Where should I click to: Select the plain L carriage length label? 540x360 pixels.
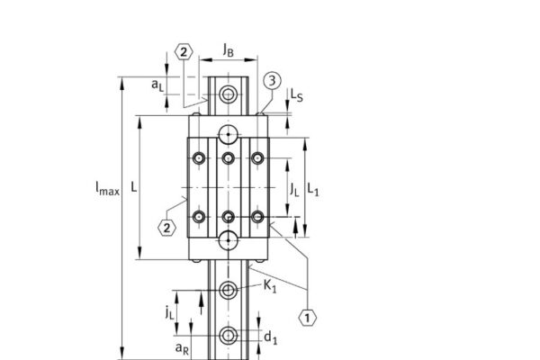click(133, 188)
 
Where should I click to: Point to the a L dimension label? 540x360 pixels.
click(157, 85)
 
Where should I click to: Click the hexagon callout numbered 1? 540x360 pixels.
click(308, 317)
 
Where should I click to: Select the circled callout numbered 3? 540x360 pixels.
click(271, 81)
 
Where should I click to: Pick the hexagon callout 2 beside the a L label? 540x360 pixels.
click(182, 52)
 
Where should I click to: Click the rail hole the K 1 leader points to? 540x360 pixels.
click(229, 289)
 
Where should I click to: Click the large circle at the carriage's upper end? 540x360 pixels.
click(229, 136)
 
